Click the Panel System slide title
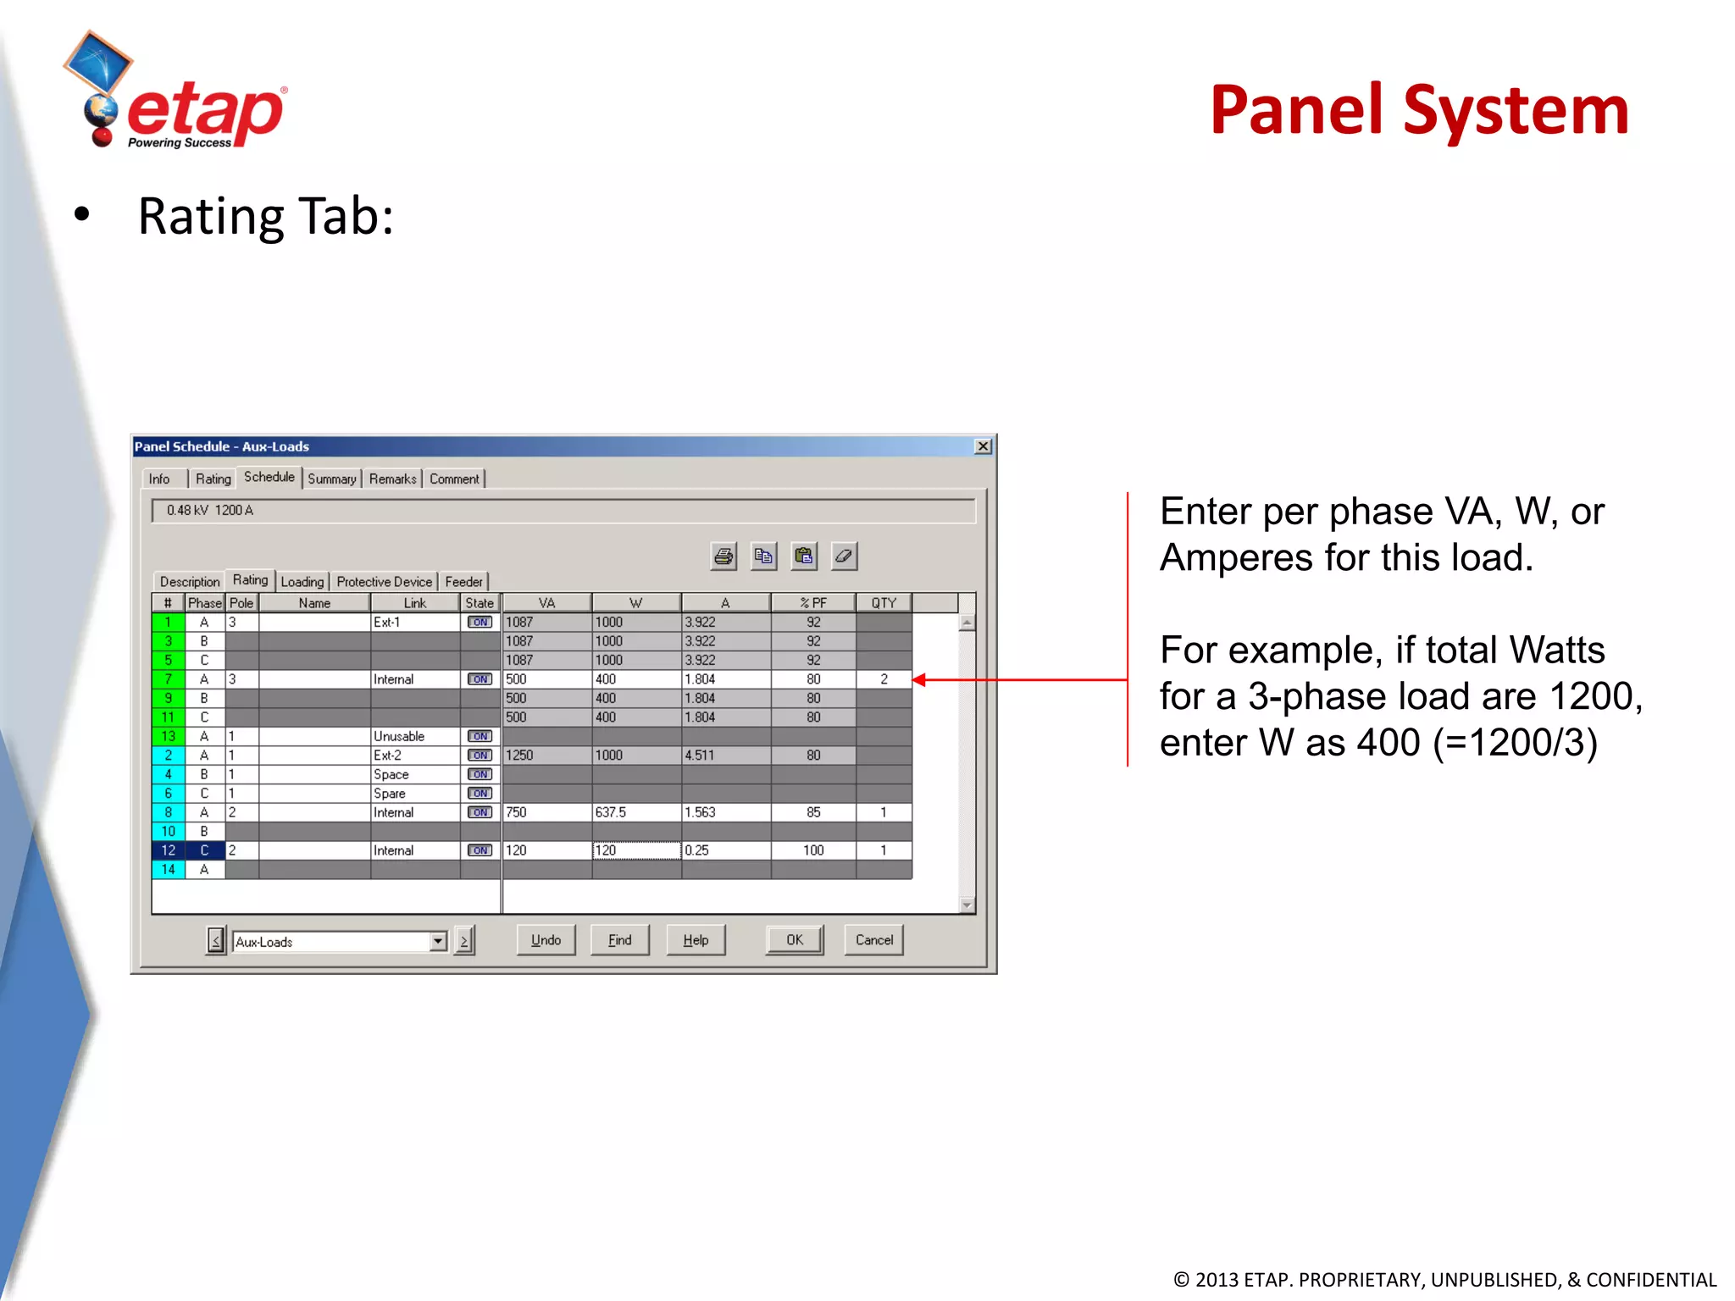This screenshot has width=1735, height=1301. coord(1419,110)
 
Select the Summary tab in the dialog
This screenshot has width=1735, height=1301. coord(331,479)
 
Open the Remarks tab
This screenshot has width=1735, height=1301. coord(392,479)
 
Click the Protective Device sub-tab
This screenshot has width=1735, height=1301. coord(384,582)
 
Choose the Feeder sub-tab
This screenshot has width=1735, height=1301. coord(463,582)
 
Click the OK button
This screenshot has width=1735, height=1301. coord(795,940)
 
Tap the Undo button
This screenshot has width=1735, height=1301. coord(546,940)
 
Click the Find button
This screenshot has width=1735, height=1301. coord(619,940)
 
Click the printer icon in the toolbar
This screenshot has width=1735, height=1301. coord(723,556)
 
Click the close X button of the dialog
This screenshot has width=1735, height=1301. coord(983,446)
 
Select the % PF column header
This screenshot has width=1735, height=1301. coord(812,603)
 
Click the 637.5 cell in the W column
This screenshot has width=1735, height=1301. coord(635,812)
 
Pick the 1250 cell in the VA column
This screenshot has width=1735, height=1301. coord(546,756)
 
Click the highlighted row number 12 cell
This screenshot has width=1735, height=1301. coord(169,850)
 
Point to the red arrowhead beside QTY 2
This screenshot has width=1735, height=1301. coord(919,679)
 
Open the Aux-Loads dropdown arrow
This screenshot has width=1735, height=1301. coord(438,941)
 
